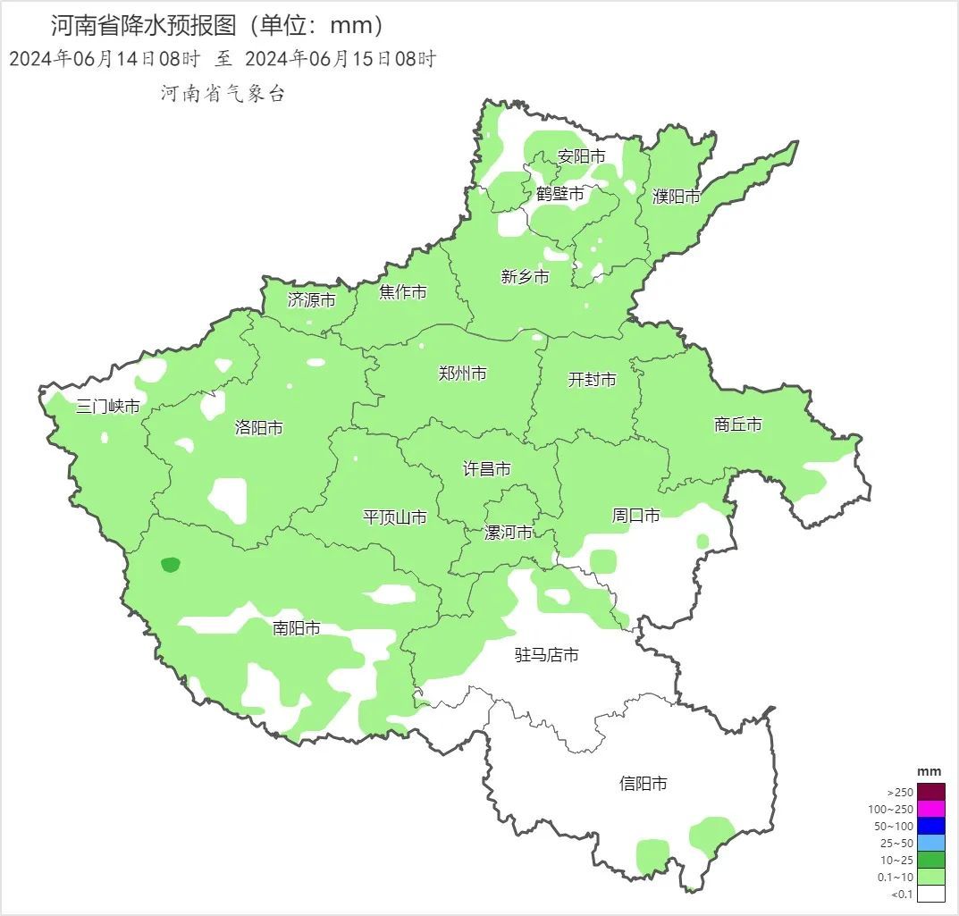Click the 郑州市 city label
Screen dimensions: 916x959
pos(462,374)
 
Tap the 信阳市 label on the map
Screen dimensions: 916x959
pos(643,784)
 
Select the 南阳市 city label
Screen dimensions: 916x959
pos(297,628)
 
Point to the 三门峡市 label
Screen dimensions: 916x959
pos(107,407)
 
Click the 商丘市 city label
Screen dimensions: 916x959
pos(738,424)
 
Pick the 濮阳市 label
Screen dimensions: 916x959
pos(677,197)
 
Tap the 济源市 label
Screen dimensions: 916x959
pos(311,300)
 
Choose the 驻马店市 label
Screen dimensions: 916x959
pos(546,655)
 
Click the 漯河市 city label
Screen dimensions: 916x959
pos(508,533)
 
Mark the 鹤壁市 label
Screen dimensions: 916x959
pos(560,194)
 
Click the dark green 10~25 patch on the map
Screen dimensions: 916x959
pos(170,564)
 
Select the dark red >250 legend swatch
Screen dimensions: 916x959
pos(930,792)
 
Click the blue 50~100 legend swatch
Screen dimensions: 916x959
pos(930,826)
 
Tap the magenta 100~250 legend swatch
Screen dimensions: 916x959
pos(930,809)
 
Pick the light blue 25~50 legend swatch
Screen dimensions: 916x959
pos(930,843)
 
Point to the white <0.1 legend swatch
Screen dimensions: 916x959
pos(930,893)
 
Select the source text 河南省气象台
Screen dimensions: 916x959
pos(223,94)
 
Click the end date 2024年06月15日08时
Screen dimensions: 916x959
pos(340,60)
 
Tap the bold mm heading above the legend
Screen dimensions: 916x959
pos(930,771)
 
